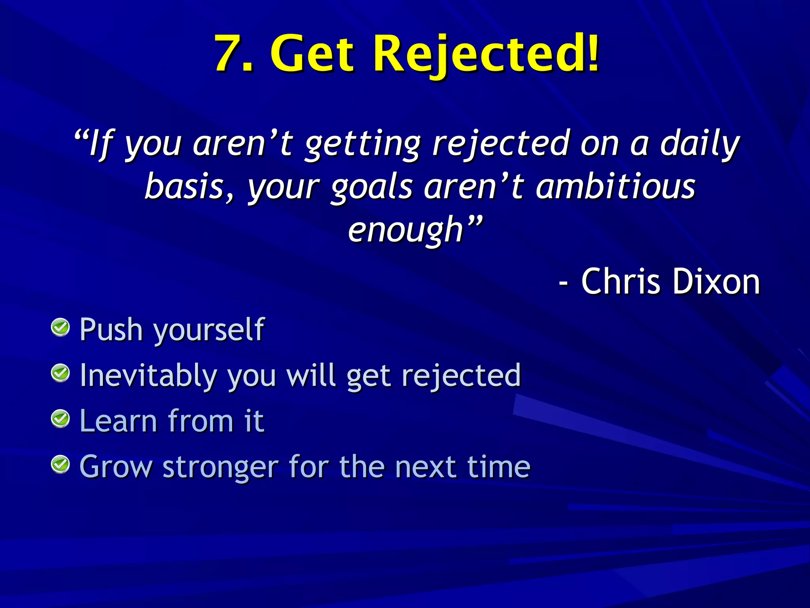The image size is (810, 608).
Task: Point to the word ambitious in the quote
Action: pyautogui.click(x=615, y=187)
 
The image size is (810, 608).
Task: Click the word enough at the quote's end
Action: pyautogui.click(x=405, y=230)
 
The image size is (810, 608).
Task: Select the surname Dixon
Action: pyautogui.click(x=716, y=281)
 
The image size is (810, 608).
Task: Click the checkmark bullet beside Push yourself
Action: pyautogui.click(x=61, y=327)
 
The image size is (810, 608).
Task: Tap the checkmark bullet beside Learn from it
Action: pyautogui.click(x=61, y=418)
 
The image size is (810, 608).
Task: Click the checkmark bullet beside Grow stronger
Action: pyautogui.click(x=61, y=464)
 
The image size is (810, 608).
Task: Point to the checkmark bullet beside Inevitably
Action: pyautogui.click(x=61, y=373)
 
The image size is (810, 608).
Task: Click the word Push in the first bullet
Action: pyautogui.click(x=111, y=329)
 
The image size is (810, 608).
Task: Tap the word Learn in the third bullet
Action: pyautogui.click(x=118, y=421)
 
